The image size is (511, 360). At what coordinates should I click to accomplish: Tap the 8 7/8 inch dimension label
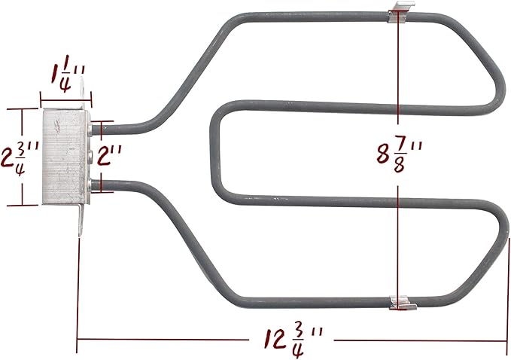pyautogui.click(x=399, y=155)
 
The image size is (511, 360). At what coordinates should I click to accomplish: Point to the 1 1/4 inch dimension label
pyautogui.click(x=68, y=78)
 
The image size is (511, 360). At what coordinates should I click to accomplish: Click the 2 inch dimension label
pyautogui.click(x=109, y=155)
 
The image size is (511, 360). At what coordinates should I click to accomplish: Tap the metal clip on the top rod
pyautogui.click(x=400, y=12)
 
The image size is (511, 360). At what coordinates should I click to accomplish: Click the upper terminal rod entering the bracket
pyautogui.click(x=97, y=130)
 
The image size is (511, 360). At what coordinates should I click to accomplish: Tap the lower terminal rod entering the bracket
pyautogui.click(x=97, y=185)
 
